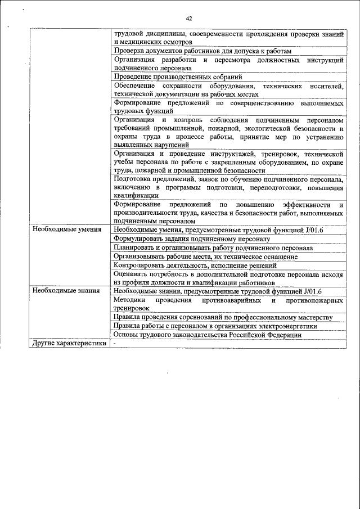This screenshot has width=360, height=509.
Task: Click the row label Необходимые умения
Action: [x=66, y=229]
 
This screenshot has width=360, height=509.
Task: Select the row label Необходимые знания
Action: [x=66, y=291]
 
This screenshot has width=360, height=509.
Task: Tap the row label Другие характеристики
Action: [x=69, y=343]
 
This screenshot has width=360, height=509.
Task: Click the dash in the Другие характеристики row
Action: [x=115, y=343]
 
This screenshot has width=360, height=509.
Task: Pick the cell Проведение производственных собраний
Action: [x=178, y=76]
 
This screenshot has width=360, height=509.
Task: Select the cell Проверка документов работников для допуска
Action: [x=202, y=50]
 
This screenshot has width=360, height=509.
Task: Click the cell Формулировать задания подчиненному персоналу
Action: [x=192, y=238]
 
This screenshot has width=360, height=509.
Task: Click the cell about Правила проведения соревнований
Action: [x=223, y=317]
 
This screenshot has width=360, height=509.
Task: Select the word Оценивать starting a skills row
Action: [x=131, y=274]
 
